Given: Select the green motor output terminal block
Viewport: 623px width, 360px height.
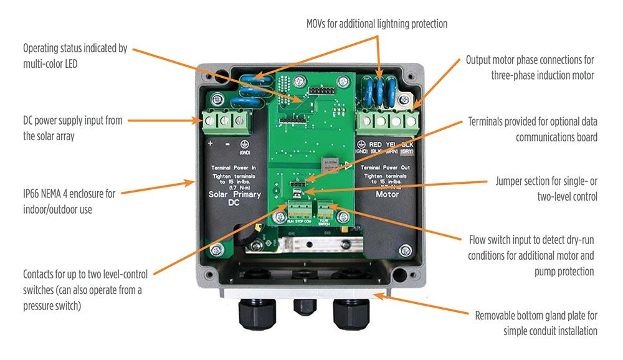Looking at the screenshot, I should point(386,120).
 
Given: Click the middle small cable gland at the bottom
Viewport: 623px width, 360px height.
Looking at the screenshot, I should point(305,305).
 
